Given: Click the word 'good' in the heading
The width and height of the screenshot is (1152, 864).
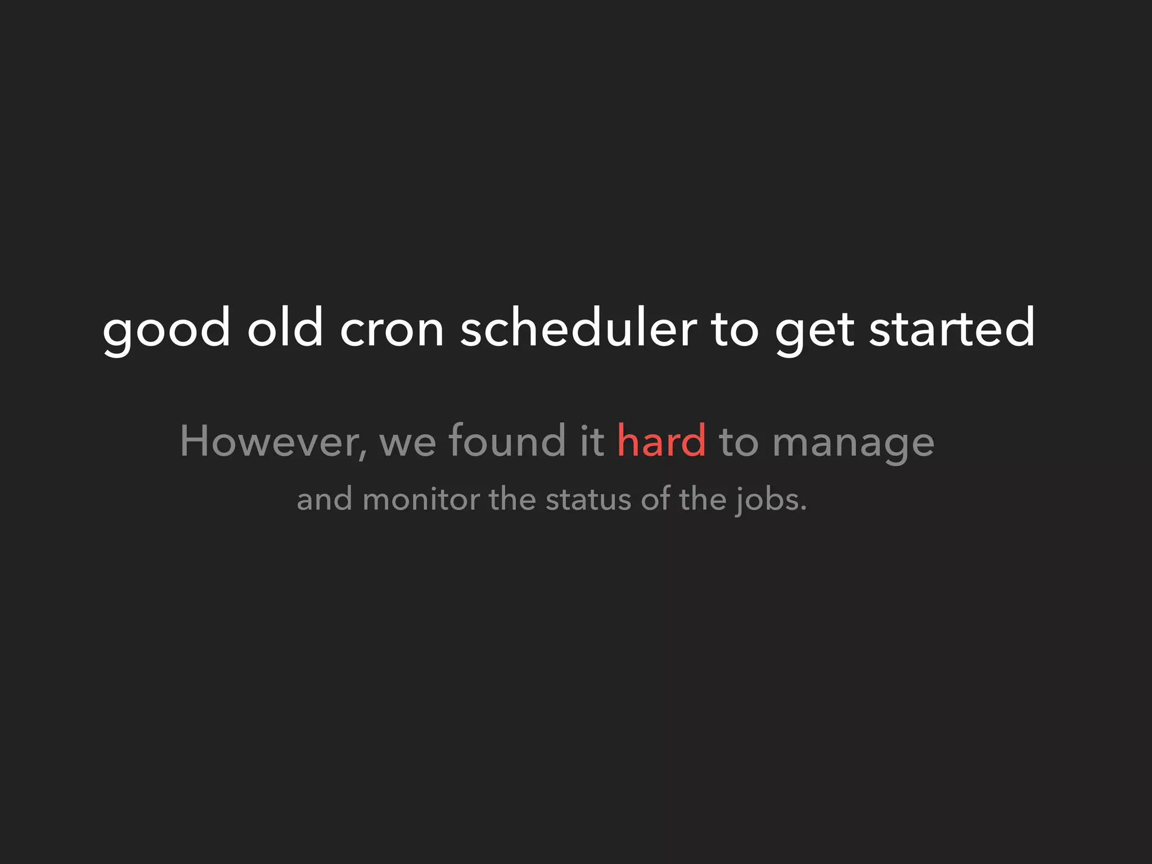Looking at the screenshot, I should [x=166, y=330].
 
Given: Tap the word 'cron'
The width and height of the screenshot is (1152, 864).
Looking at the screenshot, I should [x=392, y=330].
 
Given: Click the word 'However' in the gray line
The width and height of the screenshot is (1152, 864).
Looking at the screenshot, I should [x=269, y=441].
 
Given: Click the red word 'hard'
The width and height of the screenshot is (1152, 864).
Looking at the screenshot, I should [x=661, y=440].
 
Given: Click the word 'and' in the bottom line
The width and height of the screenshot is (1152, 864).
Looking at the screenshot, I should [x=325, y=499].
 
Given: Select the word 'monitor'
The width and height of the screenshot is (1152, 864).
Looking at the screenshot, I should [x=421, y=499].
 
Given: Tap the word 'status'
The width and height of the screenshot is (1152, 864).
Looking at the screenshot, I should [x=588, y=499].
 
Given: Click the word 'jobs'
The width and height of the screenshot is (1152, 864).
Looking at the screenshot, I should [x=764, y=500].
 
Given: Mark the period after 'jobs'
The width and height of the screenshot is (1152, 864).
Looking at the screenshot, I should [x=803, y=508].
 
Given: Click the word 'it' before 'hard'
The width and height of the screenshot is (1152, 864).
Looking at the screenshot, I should [x=592, y=440].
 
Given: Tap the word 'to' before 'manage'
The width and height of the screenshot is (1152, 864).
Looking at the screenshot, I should [x=739, y=442].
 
